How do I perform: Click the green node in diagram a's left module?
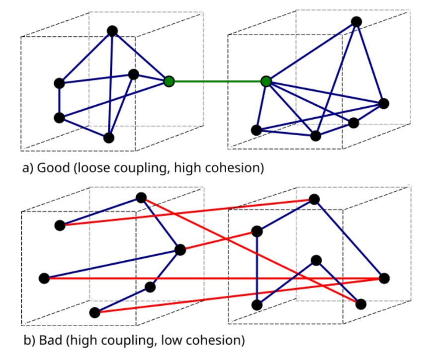pos(169,81)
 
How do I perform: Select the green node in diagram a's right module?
pos(266,81)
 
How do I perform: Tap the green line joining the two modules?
pos(218,81)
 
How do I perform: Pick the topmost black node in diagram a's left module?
pos(112,31)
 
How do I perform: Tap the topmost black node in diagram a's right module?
pos(356,21)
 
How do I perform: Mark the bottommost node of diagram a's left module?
pos(109,138)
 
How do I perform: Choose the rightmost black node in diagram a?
pos(383,103)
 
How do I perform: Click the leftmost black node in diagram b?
pos(44,278)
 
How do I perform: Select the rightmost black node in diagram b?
pos(384,278)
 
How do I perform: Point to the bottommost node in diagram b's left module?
pos(94,313)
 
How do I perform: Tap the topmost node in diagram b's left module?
pos(141,198)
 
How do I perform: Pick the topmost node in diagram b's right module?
pos(314,199)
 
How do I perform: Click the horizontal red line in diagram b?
pos(214,279)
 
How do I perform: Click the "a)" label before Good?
pos(28,168)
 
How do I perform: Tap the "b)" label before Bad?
pos(28,341)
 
